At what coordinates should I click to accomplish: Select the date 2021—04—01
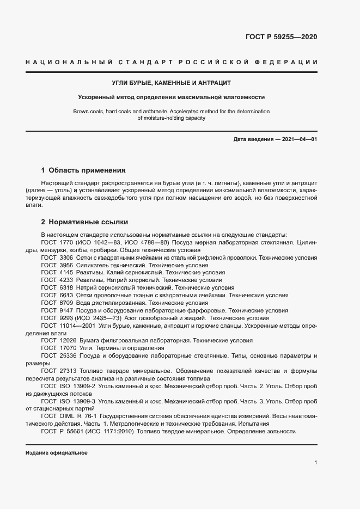pyautogui.click(x=299, y=139)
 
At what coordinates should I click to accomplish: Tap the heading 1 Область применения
pyautogui.click(x=83, y=170)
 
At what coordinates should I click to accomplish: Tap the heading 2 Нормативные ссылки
pyautogui.click(x=84, y=222)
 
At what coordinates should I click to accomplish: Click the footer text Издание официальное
pyautogui.click(x=57, y=453)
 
